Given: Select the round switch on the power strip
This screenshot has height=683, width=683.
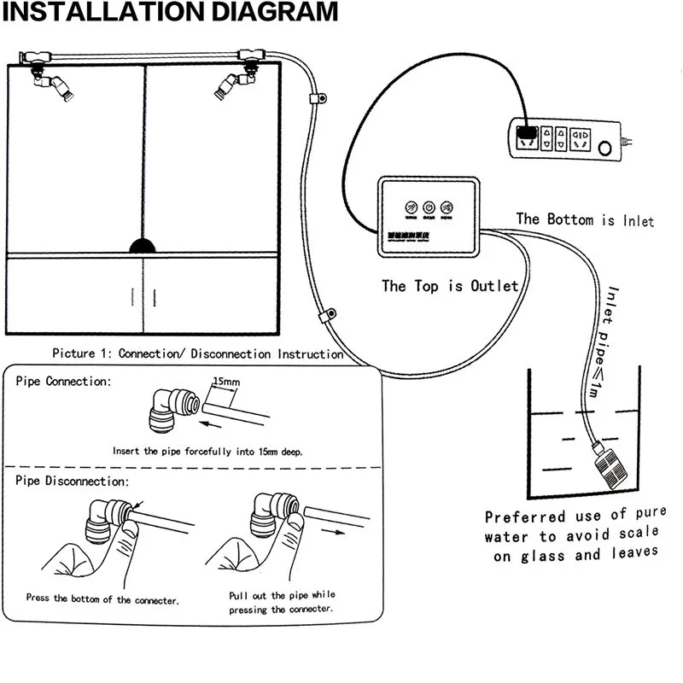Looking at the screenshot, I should [x=605, y=149].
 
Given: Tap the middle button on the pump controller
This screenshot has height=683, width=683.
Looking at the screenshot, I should [x=429, y=207].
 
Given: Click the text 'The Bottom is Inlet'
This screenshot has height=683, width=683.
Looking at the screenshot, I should [x=585, y=219].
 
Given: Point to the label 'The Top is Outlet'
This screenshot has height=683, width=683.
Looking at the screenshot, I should [x=450, y=286].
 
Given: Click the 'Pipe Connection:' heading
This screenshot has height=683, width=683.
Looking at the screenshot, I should [x=63, y=381].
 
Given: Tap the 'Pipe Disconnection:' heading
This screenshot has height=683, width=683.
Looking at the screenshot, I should [x=72, y=482].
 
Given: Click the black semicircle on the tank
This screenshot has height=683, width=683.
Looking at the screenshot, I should [x=144, y=246].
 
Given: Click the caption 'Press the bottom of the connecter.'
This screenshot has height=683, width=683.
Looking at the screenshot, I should [x=102, y=599].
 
